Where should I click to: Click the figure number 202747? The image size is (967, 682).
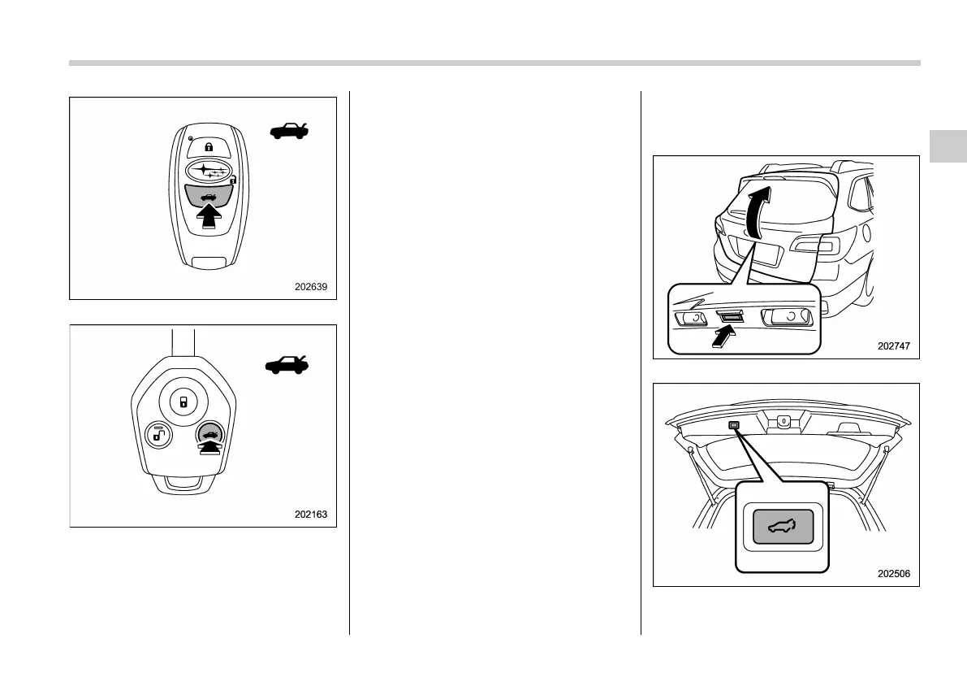click(x=894, y=345)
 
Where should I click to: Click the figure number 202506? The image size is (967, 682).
click(x=894, y=573)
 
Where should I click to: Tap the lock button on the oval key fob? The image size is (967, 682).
click(x=209, y=147)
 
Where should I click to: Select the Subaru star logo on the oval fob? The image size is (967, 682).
click(x=209, y=171)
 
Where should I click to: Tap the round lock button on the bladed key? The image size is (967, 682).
click(x=183, y=402)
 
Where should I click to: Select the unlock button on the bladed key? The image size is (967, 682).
click(x=155, y=436)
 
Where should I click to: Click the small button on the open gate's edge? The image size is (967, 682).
click(x=734, y=426)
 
